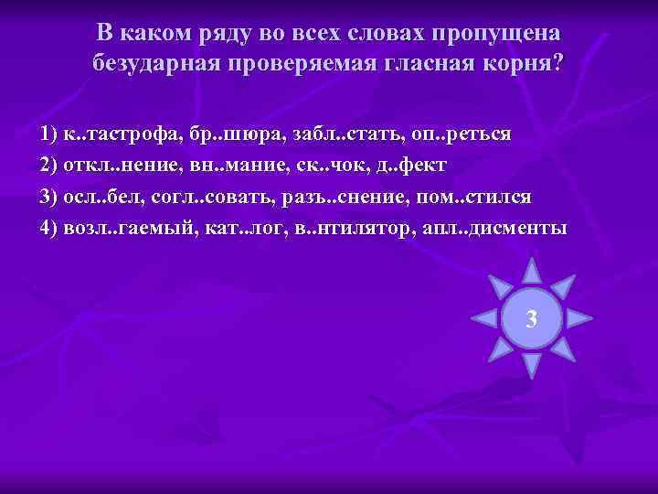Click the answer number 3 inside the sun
[531, 319]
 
